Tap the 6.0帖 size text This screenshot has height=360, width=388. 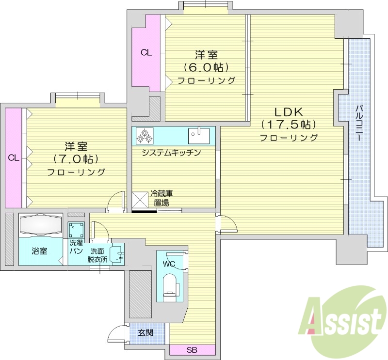206,67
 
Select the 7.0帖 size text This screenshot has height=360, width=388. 76,158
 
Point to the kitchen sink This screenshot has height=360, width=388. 199,136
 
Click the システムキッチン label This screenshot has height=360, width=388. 171,153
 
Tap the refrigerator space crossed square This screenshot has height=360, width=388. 140,199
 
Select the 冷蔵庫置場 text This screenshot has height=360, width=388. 162,198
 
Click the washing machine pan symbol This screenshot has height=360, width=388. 76,229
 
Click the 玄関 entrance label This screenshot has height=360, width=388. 145,333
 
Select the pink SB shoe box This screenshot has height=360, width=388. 192,350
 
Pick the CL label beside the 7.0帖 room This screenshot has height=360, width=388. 14,157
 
